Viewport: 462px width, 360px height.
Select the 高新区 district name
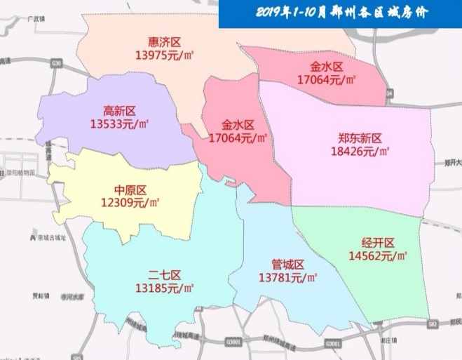point(119,111)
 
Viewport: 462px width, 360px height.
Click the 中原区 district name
point(130,190)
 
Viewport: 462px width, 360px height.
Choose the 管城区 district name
point(288,265)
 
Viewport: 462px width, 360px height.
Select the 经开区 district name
point(378,243)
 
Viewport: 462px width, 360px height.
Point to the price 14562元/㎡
point(378,256)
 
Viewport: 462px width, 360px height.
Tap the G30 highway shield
point(56,63)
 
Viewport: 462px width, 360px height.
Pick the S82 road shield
point(433,324)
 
